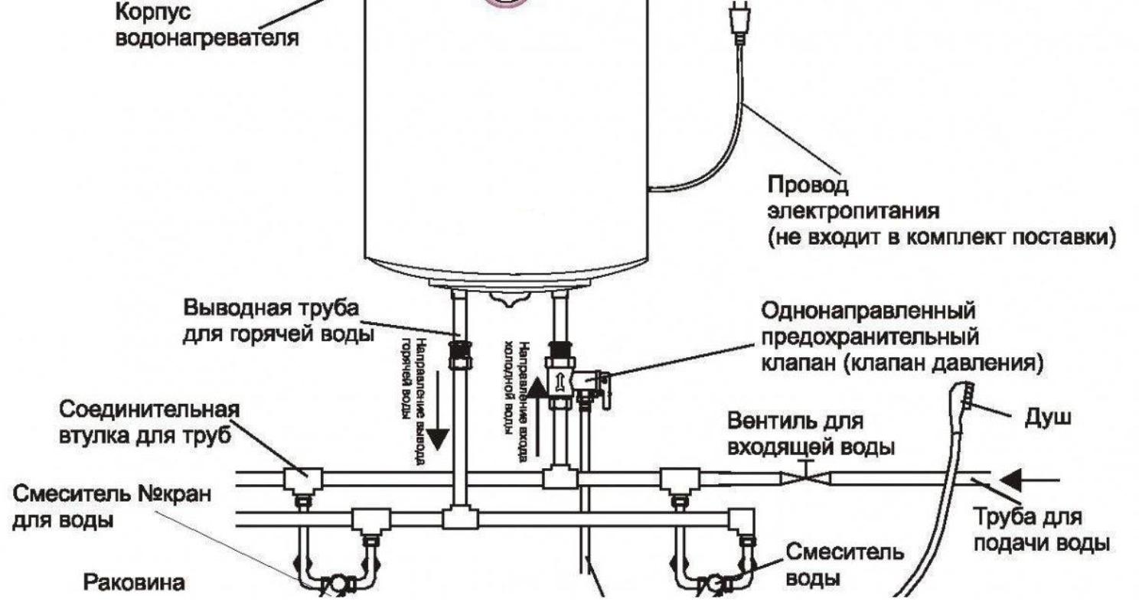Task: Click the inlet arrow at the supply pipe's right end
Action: pyautogui.click(x=1017, y=480)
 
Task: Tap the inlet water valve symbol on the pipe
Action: pyautogui.click(x=804, y=477)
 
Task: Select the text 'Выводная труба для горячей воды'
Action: pyautogui.click(x=272, y=321)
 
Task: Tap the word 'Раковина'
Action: pyautogui.click(x=134, y=583)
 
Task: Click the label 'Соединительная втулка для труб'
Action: pyautogui.click(x=149, y=421)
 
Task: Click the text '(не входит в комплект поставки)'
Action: pyautogui.click(x=941, y=237)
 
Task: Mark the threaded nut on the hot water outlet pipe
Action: pyautogui.click(x=459, y=353)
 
